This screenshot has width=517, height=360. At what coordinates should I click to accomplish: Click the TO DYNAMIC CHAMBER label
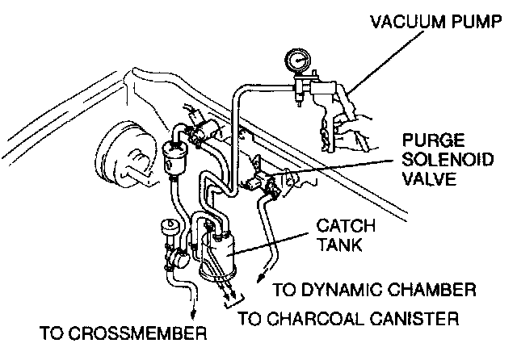[372, 289]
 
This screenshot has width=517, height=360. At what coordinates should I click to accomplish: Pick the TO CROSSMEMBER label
[123, 333]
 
